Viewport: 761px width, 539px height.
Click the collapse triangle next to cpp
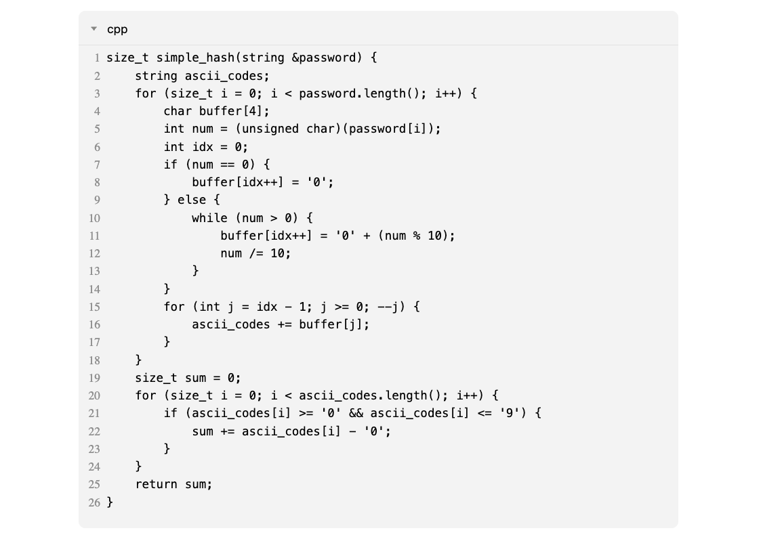click(x=94, y=28)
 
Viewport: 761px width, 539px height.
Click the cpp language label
click(x=117, y=30)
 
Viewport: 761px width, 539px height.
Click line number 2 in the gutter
click(x=97, y=76)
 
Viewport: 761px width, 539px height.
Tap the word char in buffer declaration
click(x=178, y=111)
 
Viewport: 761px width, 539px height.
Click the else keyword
click(x=192, y=199)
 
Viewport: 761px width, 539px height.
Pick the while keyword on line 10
click(x=209, y=218)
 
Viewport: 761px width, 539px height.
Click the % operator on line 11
click(x=417, y=236)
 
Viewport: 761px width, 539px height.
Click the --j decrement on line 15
click(x=388, y=307)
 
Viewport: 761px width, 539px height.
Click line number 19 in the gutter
click(x=94, y=378)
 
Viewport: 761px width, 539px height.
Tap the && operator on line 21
click(x=356, y=413)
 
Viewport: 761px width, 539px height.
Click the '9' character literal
click(x=510, y=413)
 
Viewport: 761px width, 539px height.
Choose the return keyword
click(x=157, y=484)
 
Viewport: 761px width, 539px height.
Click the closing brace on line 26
click(x=110, y=502)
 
